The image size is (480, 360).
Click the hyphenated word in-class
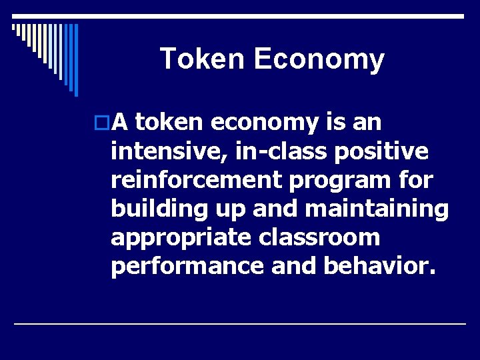tap(279, 151)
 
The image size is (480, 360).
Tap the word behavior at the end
tap(378, 266)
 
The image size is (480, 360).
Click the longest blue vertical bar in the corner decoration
tap(76, 60)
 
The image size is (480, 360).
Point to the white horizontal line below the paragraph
tap(240, 323)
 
